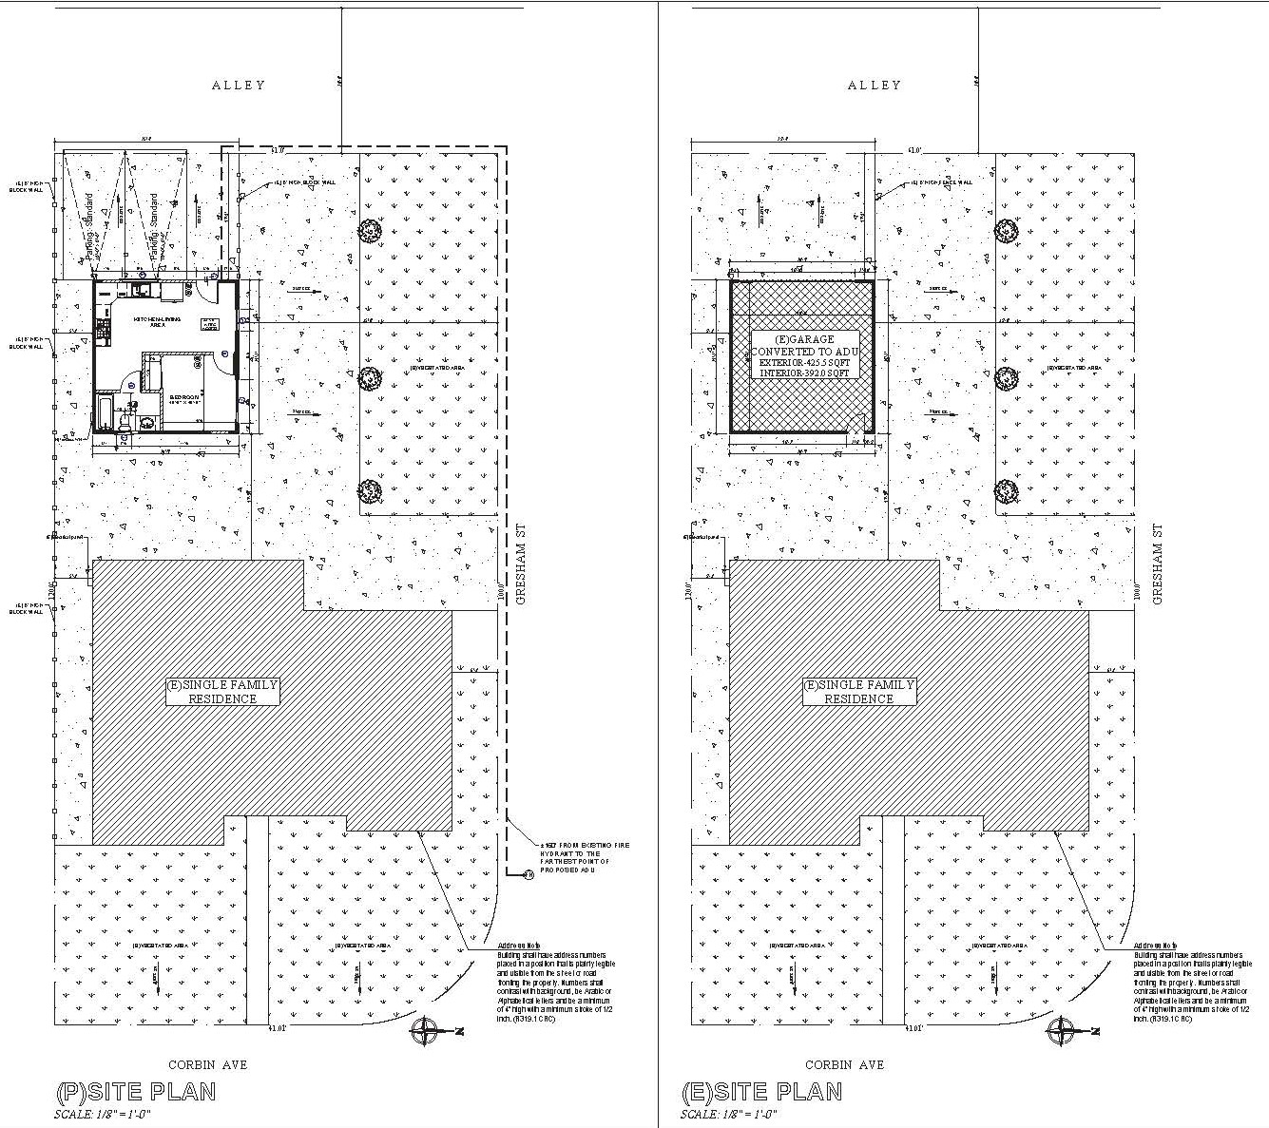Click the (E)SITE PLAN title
tap(761, 1091)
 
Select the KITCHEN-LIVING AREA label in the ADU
tap(157, 321)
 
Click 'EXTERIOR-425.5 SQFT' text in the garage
tap(805, 362)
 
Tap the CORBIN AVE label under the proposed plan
tap(207, 1064)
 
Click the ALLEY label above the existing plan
tap(874, 85)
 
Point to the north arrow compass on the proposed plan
tap(426, 1031)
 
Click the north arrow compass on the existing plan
tap(1062, 1031)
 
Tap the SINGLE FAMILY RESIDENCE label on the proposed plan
tap(222, 691)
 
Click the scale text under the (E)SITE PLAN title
tap(729, 1114)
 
